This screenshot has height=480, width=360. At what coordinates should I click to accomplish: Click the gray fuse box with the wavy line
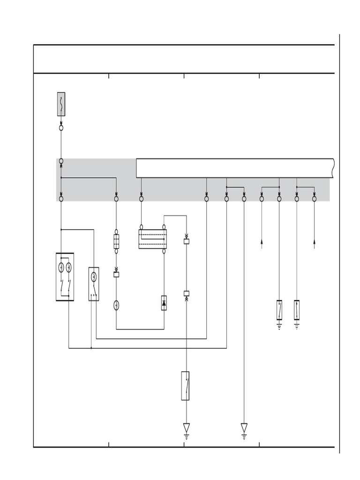[61, 104]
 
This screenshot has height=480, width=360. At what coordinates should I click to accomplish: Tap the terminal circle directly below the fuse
[61, 127]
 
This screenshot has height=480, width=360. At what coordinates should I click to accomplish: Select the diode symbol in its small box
[164, 303]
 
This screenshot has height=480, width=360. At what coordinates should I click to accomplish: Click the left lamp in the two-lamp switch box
[61, 268]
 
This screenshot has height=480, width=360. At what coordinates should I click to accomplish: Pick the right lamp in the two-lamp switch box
[69, 268]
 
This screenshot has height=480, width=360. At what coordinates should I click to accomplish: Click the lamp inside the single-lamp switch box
[94, 276]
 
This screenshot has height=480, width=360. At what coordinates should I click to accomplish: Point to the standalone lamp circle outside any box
[116, 306]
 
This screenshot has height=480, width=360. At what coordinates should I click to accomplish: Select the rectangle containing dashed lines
[152, 239]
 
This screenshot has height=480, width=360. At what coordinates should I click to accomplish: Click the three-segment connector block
[116, 241]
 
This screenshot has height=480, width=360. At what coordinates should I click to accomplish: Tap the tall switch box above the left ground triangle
[186, 386]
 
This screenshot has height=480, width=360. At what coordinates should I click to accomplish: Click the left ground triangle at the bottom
[186, 427]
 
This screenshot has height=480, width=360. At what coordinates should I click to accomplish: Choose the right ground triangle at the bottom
[244, 427]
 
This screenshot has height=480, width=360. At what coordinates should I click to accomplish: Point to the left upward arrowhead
[262, 241]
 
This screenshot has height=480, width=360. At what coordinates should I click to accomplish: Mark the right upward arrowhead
[314, 241]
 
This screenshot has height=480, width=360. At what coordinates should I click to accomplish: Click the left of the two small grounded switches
[279, 310]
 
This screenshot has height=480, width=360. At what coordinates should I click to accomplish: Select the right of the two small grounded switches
[297, 310]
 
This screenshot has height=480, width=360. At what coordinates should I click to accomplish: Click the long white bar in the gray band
[234, 168]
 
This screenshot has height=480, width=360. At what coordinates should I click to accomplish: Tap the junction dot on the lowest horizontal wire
[91, 348]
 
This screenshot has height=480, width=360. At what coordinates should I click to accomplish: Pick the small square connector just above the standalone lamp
[116, 274]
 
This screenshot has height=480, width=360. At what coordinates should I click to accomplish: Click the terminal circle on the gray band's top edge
[61, 161]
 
